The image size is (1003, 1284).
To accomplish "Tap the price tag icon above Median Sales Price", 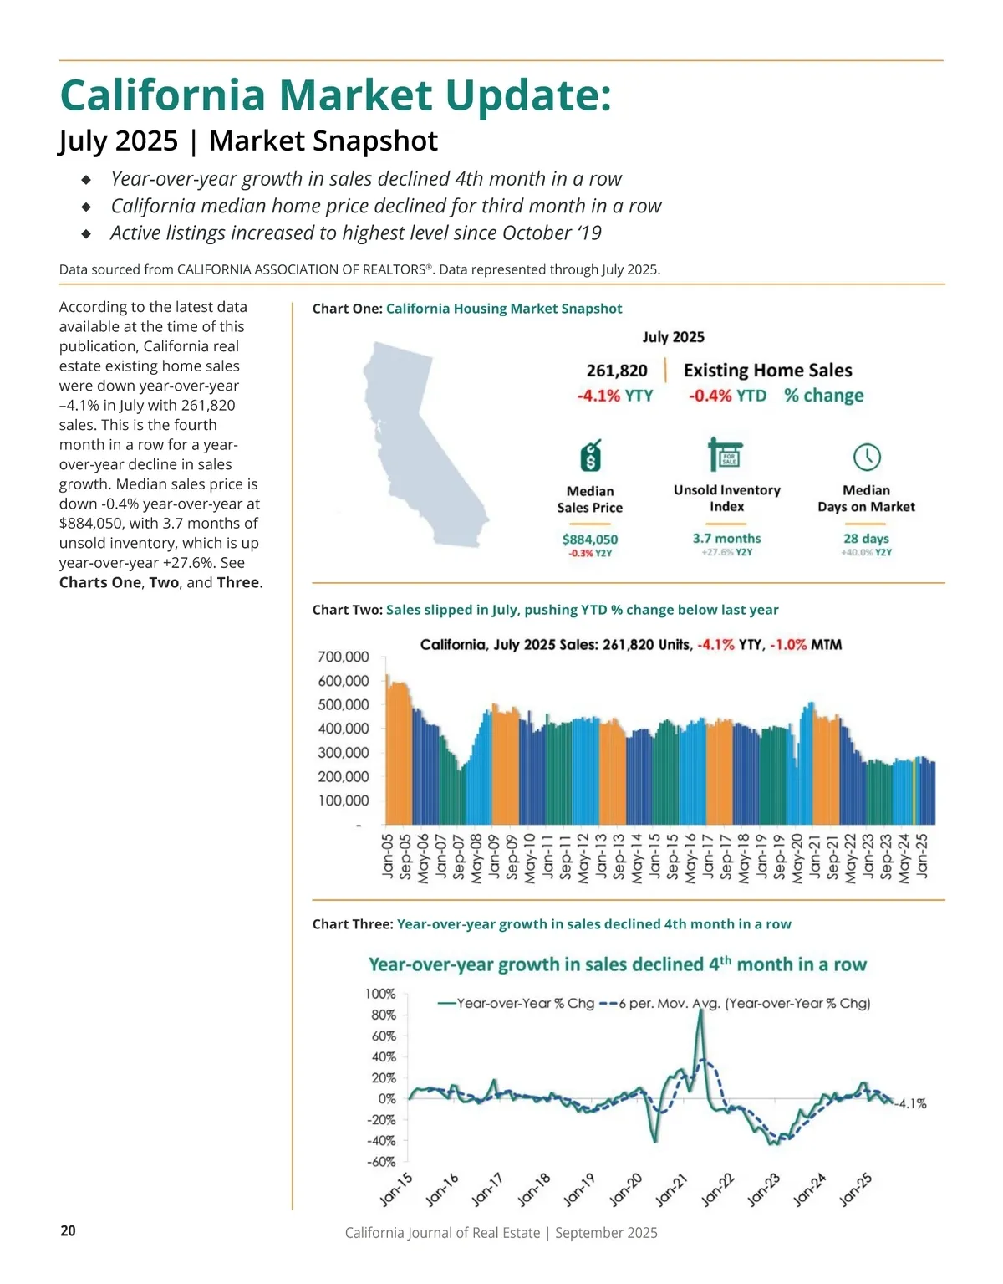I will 591,456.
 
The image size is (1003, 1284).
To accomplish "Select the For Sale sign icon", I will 726,454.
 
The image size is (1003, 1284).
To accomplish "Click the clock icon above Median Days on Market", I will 867,457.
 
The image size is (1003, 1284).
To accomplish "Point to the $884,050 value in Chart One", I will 590,540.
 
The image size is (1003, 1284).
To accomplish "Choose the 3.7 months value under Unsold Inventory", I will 726,539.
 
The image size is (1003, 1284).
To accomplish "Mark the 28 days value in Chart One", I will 866,539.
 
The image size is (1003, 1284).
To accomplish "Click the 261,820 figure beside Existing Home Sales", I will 617,371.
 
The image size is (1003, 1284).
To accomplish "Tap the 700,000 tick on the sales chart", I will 343,657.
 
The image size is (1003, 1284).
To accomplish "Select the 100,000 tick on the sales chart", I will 343,801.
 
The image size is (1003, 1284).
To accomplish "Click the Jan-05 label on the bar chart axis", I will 388,855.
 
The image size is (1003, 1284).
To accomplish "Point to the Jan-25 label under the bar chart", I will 923,855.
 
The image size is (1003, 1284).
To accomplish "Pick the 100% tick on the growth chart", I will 380,994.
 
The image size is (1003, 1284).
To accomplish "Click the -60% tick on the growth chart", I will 381,1162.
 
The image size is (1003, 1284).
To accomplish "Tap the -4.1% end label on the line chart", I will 911,1104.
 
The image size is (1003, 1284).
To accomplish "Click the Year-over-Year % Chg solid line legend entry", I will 517,1003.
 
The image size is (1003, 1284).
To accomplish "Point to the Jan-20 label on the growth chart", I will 625,1190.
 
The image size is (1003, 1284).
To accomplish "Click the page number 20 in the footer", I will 68,1230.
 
